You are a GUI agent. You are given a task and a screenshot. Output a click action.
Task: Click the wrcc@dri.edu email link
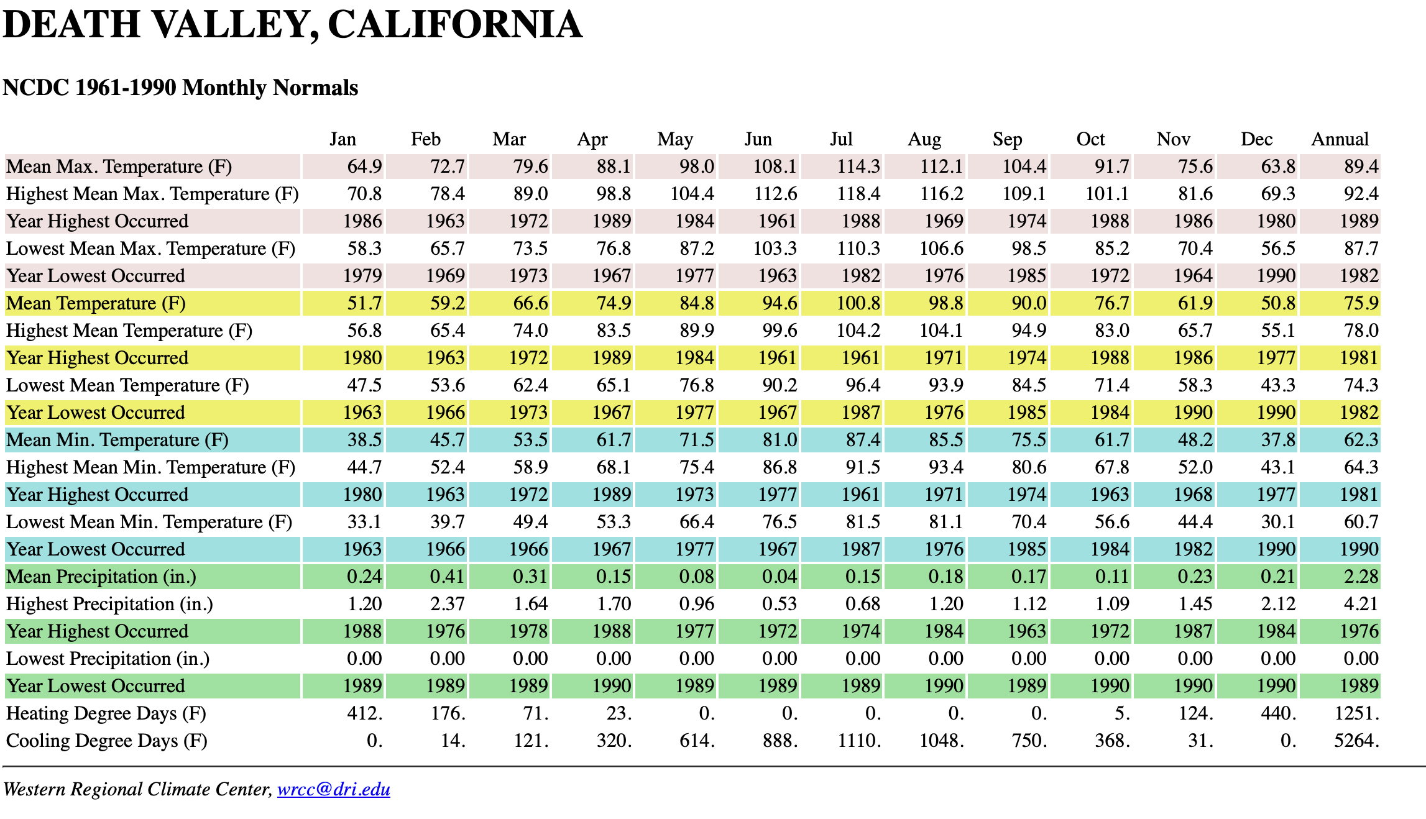333,789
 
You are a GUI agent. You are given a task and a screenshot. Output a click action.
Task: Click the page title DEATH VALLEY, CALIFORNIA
292,25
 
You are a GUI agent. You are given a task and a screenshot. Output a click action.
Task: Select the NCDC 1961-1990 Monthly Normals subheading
180,88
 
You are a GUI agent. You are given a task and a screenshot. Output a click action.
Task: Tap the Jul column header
841,139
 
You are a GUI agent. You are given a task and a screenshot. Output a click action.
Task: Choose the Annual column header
1340,139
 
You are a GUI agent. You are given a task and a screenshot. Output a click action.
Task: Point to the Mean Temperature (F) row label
96,303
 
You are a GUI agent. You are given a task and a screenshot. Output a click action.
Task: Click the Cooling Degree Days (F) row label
107,741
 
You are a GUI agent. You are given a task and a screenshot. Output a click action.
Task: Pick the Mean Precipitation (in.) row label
101,577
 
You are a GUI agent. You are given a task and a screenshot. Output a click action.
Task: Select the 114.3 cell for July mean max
858,167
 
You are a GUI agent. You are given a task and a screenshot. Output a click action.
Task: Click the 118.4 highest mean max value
858,194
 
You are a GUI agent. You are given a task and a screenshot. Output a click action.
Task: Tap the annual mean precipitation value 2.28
1361,577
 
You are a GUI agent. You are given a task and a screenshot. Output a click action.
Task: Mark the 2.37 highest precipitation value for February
447,604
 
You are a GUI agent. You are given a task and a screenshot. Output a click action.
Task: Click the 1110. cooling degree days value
859,741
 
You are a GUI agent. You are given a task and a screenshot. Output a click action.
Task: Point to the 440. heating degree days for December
1278,713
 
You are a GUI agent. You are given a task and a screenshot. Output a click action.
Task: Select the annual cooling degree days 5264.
1356,741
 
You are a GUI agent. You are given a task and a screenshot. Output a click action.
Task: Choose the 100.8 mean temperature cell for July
858,303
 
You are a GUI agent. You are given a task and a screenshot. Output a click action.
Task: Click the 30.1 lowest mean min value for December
1278,522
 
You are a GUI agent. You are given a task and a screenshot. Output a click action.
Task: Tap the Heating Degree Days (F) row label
106,713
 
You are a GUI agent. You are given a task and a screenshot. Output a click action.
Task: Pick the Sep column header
1007,139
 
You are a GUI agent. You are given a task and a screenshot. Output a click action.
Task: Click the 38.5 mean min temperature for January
364,440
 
